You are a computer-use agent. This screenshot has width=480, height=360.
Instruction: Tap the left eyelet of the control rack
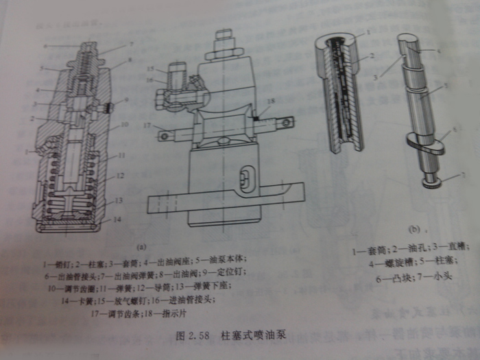[x=165, y=136]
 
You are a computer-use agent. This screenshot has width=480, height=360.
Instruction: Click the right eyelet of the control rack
[x=287, y=123]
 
